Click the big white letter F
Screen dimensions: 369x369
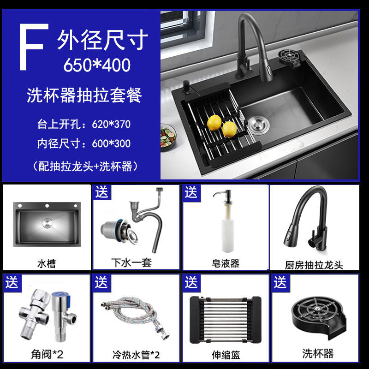coord(33,47)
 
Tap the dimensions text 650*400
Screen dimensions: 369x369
coord(97,65)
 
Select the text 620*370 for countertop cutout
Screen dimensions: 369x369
coord(111,124)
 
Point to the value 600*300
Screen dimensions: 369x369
coord(111,143)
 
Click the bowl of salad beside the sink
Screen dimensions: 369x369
coord(168,137)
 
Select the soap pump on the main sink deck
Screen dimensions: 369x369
coord(187,87)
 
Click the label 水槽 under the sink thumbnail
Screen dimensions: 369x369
coord(47,263)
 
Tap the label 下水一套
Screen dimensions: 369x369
coord(131,262)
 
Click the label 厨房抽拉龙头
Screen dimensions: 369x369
coord(314,265)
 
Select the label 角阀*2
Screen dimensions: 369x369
coord(47,354)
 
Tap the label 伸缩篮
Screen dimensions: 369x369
coord(226,355)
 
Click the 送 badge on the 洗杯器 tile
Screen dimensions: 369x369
coord(280,282)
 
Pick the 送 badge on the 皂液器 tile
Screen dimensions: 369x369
coord(191,193)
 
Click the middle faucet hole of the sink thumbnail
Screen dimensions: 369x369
coord(47,206)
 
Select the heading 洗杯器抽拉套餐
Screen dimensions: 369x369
coord(84,95)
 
